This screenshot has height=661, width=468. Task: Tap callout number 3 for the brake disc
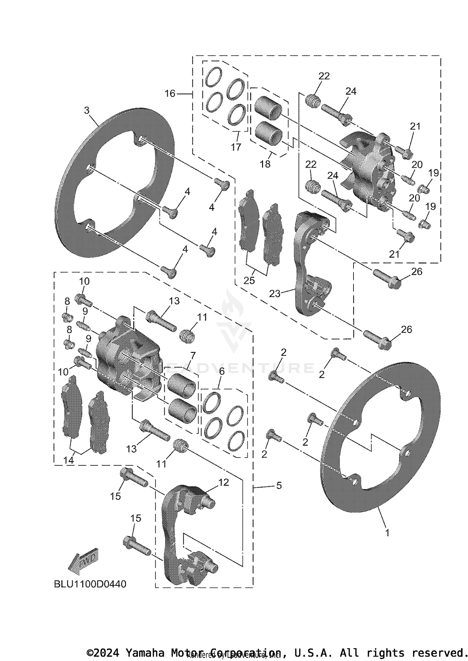(x=87, y=110)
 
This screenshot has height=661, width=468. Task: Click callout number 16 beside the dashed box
(x=170, y=93)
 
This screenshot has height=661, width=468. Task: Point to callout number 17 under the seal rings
(x=236, y=147)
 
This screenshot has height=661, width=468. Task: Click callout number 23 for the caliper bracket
(x=275, y=293)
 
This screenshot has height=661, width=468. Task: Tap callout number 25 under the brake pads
(x=249, y=280)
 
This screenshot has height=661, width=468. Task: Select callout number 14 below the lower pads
(x=69, y=460)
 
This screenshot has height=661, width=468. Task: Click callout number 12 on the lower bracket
(x=224, y=482)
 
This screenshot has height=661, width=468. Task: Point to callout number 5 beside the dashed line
(x=279, y=485)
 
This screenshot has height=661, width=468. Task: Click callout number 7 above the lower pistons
(x=193, y=355)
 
